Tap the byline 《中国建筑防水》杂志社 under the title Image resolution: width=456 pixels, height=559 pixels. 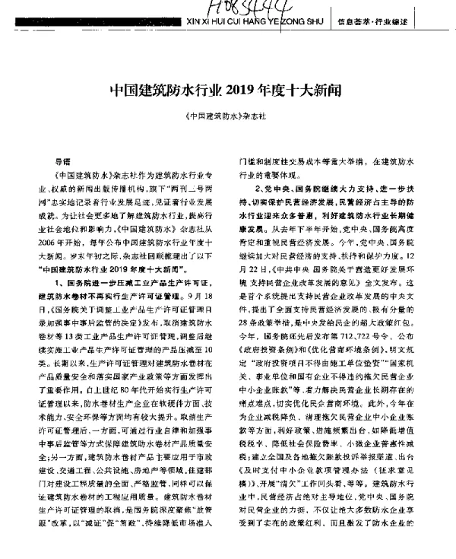tap(227, 117)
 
